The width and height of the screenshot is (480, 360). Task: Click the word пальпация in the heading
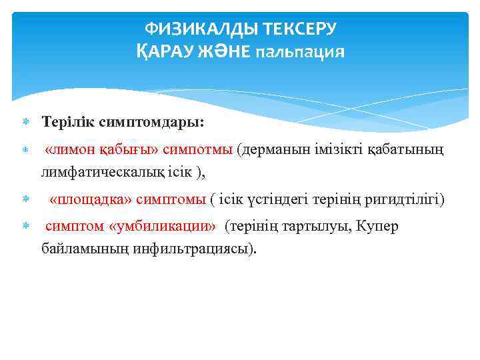pos(301,52)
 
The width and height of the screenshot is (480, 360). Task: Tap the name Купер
pos(377,227)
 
